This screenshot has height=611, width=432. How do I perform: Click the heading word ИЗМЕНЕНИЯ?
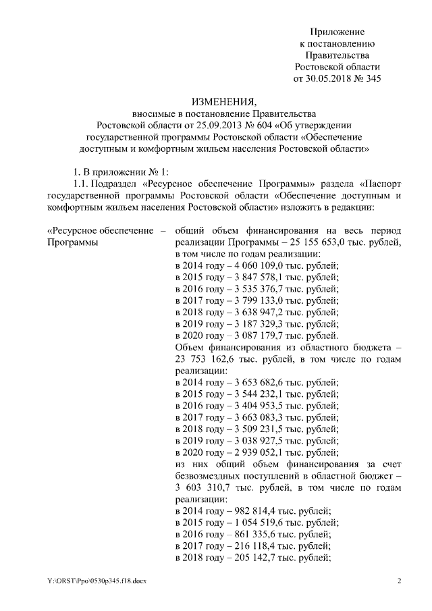[215, 101]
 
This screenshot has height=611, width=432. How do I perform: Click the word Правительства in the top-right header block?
[337, 55]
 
